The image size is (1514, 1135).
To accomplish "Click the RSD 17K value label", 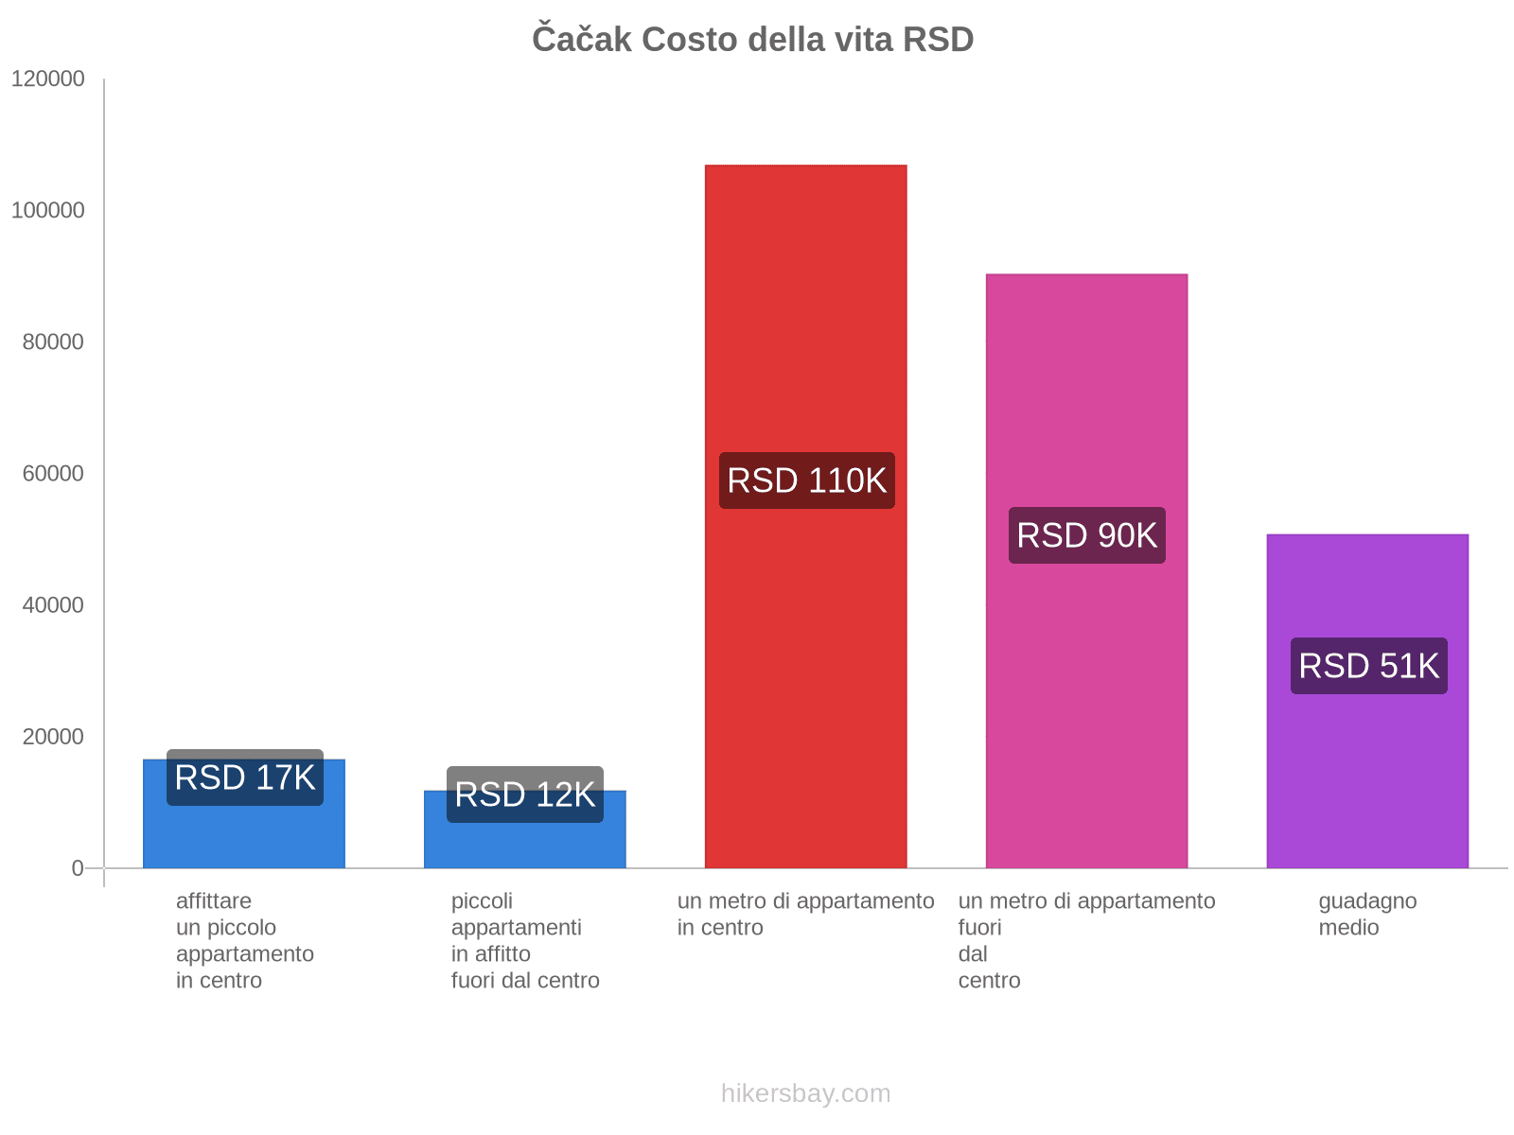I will click(x=245, y=777).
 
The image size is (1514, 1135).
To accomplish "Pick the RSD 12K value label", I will click(x=525, y=794).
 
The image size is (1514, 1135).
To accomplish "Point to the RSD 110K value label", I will click(x=806, y=480).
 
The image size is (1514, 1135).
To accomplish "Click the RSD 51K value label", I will click(x=1368, y=666).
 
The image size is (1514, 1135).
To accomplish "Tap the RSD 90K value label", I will click(x=1086, y=535).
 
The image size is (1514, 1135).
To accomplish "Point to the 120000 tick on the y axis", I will click(x=48, y=79).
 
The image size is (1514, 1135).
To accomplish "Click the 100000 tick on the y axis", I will click(x=48, y=211).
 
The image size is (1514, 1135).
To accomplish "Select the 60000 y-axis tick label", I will click(x=53, y=474).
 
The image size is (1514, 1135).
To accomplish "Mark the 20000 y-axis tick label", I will click(x=53, y=737).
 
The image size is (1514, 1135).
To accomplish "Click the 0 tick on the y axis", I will click(x=78, y=868).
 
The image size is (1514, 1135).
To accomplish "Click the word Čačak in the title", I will click(x=581, y=40).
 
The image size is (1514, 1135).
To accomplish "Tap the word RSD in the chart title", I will click(x=938, y=40).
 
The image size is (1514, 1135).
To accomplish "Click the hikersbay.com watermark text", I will click(x=805, y=1093).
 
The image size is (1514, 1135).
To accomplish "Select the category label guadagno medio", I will click(x=1367, y=914).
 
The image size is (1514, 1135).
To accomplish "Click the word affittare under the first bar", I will click(x=214, y=901).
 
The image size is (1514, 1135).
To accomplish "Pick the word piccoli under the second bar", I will click(x=482, y=901).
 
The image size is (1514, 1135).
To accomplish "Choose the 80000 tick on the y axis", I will click(x=53, y=342).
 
